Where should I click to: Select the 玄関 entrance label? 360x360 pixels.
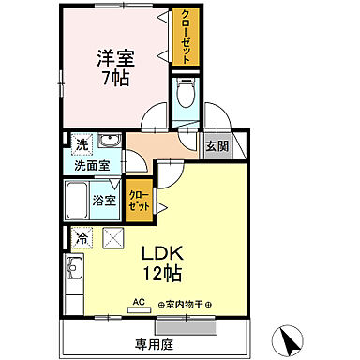[217, 145]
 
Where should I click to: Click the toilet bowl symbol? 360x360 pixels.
[184, 97]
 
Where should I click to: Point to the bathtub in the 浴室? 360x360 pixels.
[79, 200]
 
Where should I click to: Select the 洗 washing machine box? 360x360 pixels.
[82, 145]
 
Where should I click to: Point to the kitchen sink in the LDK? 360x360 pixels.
[74, 275]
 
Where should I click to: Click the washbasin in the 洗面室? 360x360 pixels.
[111, 142]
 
